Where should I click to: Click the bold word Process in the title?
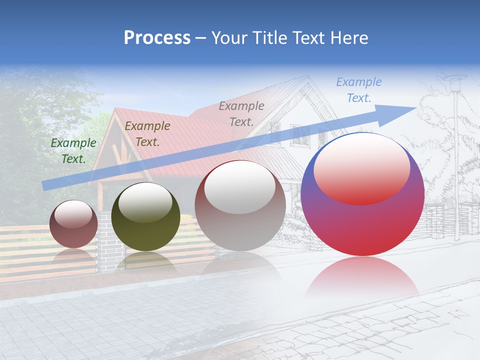[x=157, y=38]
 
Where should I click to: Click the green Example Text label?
[x=73, y=150]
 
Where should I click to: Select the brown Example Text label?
[x=147, y=133]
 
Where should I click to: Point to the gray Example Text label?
[x=241, y=113]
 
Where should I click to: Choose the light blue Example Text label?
[x=358, y=89]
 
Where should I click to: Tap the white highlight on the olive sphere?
[x=145, y=202]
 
